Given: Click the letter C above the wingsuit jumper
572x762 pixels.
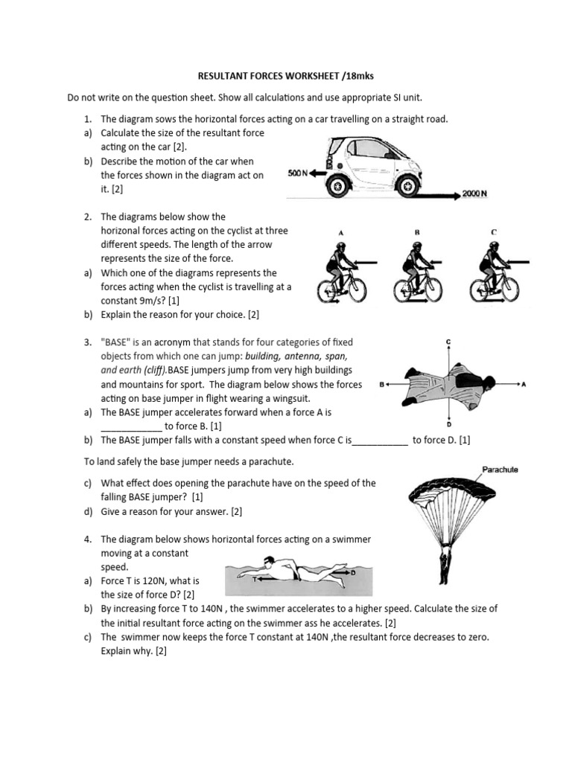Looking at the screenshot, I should click(448, 342).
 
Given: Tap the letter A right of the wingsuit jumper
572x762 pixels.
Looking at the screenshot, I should click(524, 384).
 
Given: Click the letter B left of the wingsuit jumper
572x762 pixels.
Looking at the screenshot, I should click(381, 385).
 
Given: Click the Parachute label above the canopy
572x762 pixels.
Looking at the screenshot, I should click(500, 470).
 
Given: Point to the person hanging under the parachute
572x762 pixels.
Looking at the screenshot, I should click(445, 565).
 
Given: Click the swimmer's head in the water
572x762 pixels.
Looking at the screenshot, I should click(271, 563).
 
